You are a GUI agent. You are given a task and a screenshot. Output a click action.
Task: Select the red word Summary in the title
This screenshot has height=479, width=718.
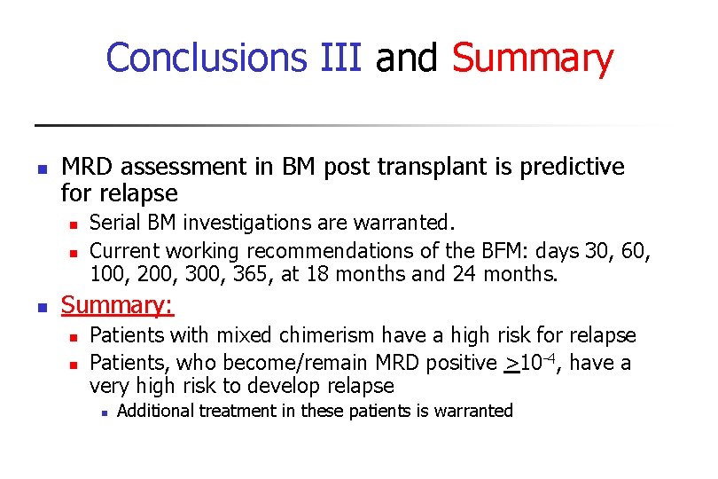532,59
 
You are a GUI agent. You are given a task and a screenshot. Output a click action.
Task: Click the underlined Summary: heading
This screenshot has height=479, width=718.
117,306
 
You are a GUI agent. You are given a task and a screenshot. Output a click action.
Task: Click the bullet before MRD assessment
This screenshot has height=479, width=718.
40,168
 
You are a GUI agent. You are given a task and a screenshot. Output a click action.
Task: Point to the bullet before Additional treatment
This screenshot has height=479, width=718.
104,412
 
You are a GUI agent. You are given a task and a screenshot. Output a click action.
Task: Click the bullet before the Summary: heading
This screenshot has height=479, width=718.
40,308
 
